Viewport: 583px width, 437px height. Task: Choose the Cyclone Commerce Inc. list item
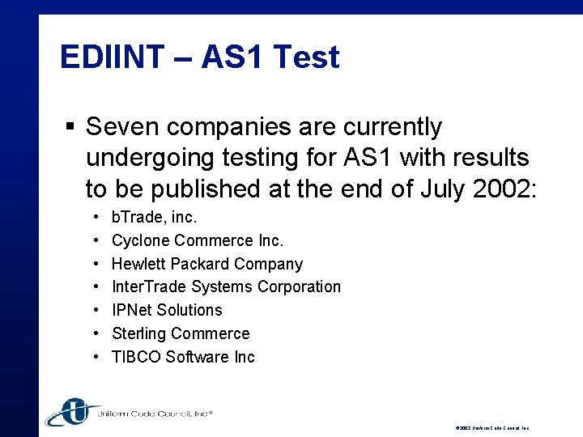click(x=198, y=240)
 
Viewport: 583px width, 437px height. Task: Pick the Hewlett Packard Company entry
click(x=206, y=264)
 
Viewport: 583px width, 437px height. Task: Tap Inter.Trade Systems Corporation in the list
click(x=226, y=286)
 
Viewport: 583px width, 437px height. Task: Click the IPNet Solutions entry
click(x=166, y=310)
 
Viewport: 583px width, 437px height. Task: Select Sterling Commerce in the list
click(x=180, y=333)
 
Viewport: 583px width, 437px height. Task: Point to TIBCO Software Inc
click(x=183, y=357)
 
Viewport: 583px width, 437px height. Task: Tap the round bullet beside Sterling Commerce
click(x=96, y=333)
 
